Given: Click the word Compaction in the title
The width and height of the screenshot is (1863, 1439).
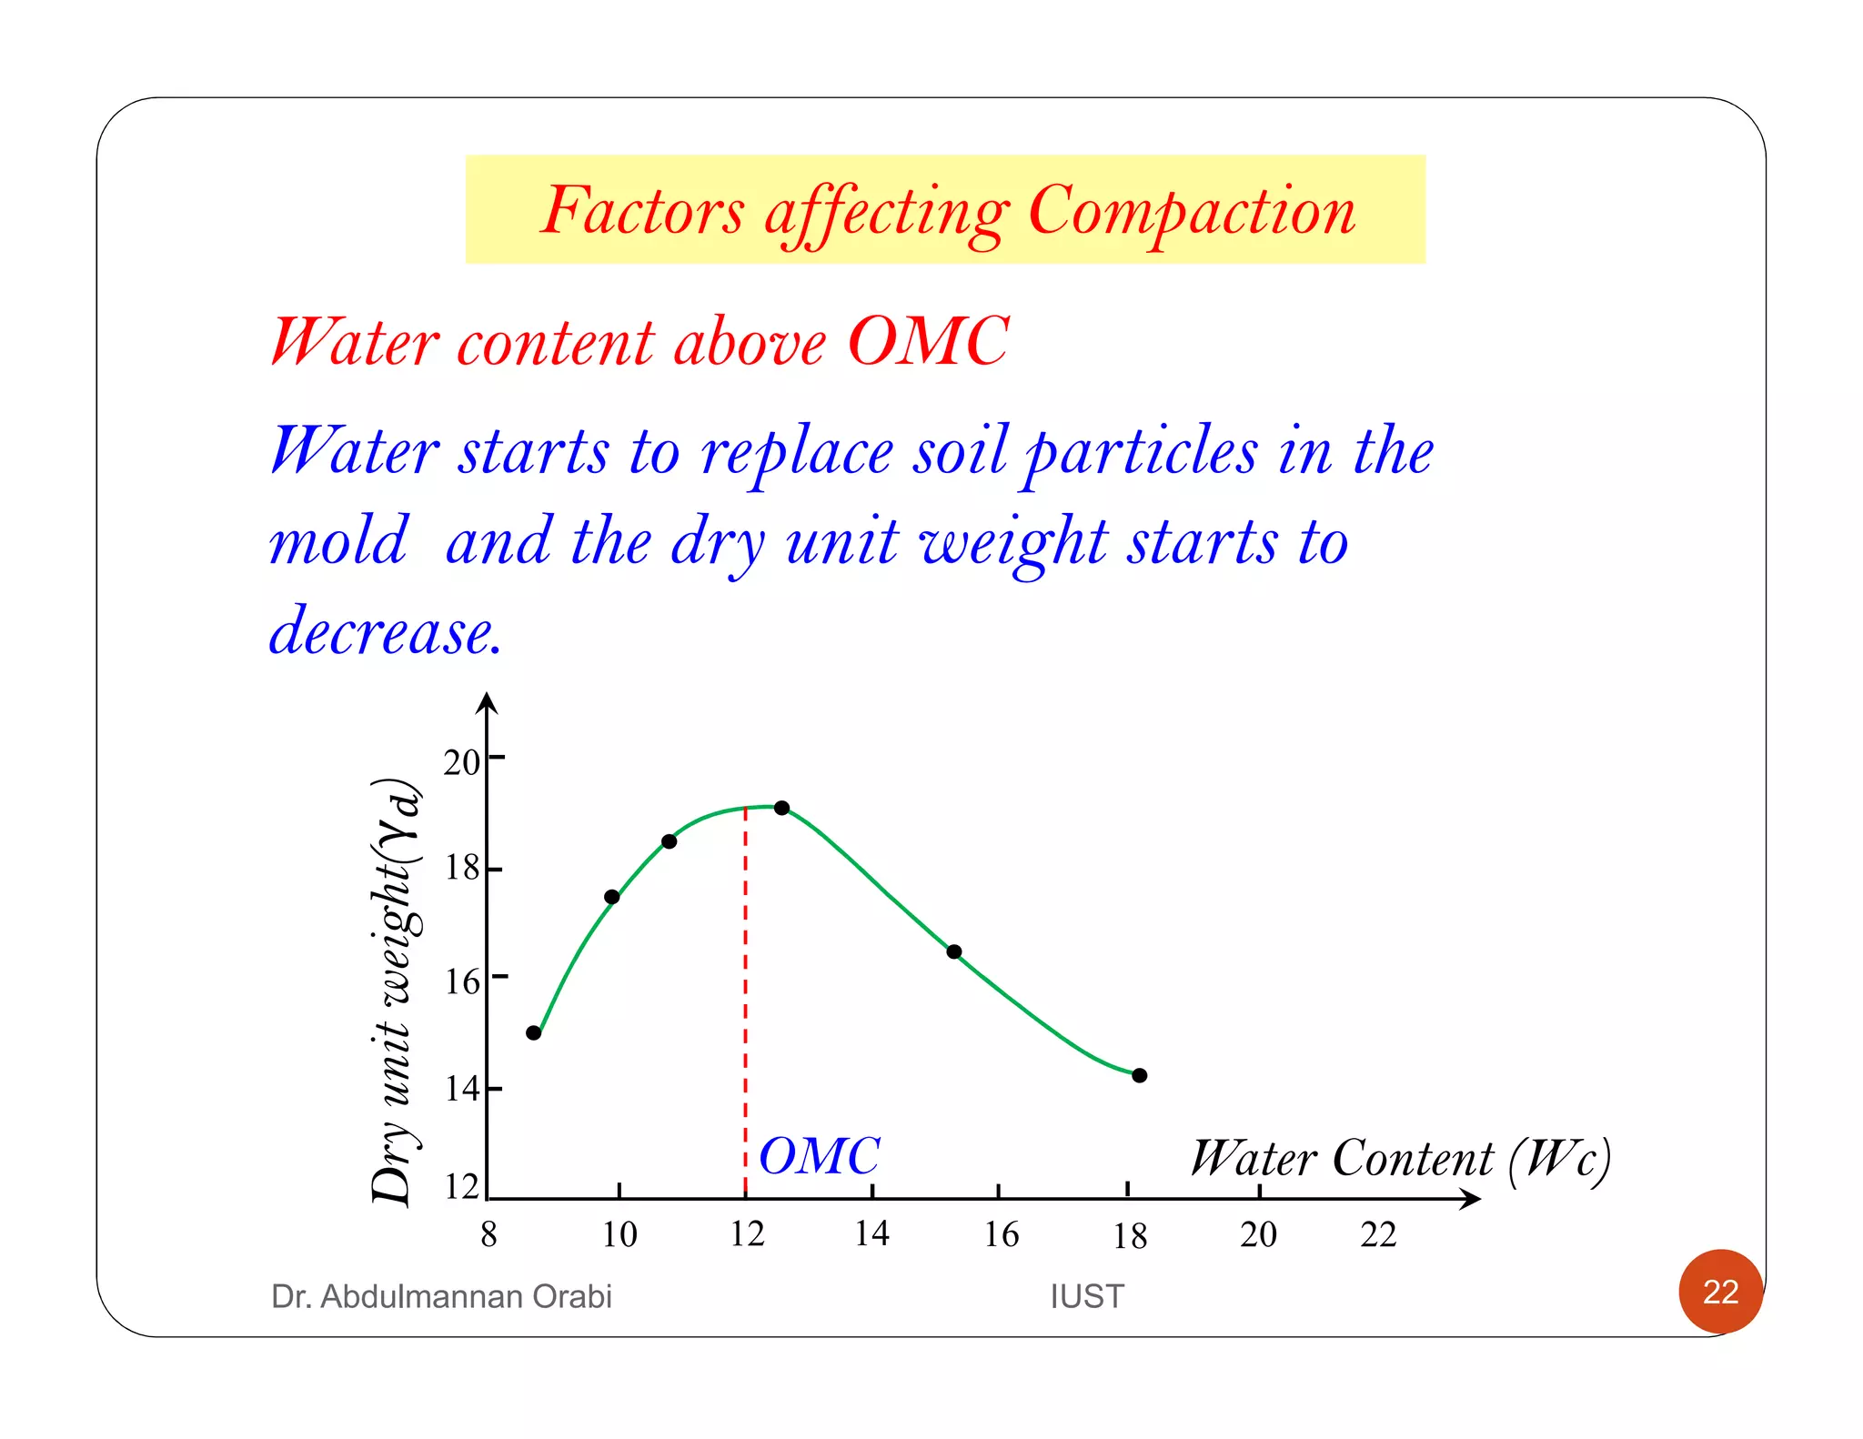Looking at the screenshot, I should tap(1192, 211).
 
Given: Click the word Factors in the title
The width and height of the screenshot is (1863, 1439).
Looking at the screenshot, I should tap(642, 211).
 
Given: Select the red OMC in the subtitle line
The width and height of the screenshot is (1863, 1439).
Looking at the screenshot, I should tap(928, 342).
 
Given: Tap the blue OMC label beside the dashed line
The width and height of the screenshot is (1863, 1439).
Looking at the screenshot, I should tap(819, 1156).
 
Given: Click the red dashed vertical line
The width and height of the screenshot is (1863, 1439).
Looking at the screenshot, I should tap(745, 1001).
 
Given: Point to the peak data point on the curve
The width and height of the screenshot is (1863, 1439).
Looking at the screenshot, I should tap(781, 808).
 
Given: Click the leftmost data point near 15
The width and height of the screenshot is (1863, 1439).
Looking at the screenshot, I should tap(534, 1032).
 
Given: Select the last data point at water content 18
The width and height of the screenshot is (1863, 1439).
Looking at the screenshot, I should tap(1140, 1075).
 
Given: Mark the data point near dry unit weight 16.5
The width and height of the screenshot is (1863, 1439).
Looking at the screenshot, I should tap(953, 951).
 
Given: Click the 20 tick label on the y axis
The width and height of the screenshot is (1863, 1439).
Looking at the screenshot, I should tap(461, 762).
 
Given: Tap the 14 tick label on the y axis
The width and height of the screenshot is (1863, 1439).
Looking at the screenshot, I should tap(461, 1088).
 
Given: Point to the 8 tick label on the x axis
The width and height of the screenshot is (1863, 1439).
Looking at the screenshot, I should tap(488, 1234).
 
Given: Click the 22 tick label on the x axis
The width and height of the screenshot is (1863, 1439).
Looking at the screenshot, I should tap(1378, 1234).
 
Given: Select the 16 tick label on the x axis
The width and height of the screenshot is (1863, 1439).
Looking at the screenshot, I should tap(1002, 1234).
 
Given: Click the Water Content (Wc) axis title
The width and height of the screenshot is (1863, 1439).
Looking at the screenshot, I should tap(1401, 1159).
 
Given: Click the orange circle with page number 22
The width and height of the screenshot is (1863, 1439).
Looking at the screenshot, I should tap(1720, 1292).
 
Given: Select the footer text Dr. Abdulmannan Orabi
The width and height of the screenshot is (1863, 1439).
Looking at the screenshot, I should tap(441, 1296).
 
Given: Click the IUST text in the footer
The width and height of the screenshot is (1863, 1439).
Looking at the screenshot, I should tap(1087, 1296).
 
